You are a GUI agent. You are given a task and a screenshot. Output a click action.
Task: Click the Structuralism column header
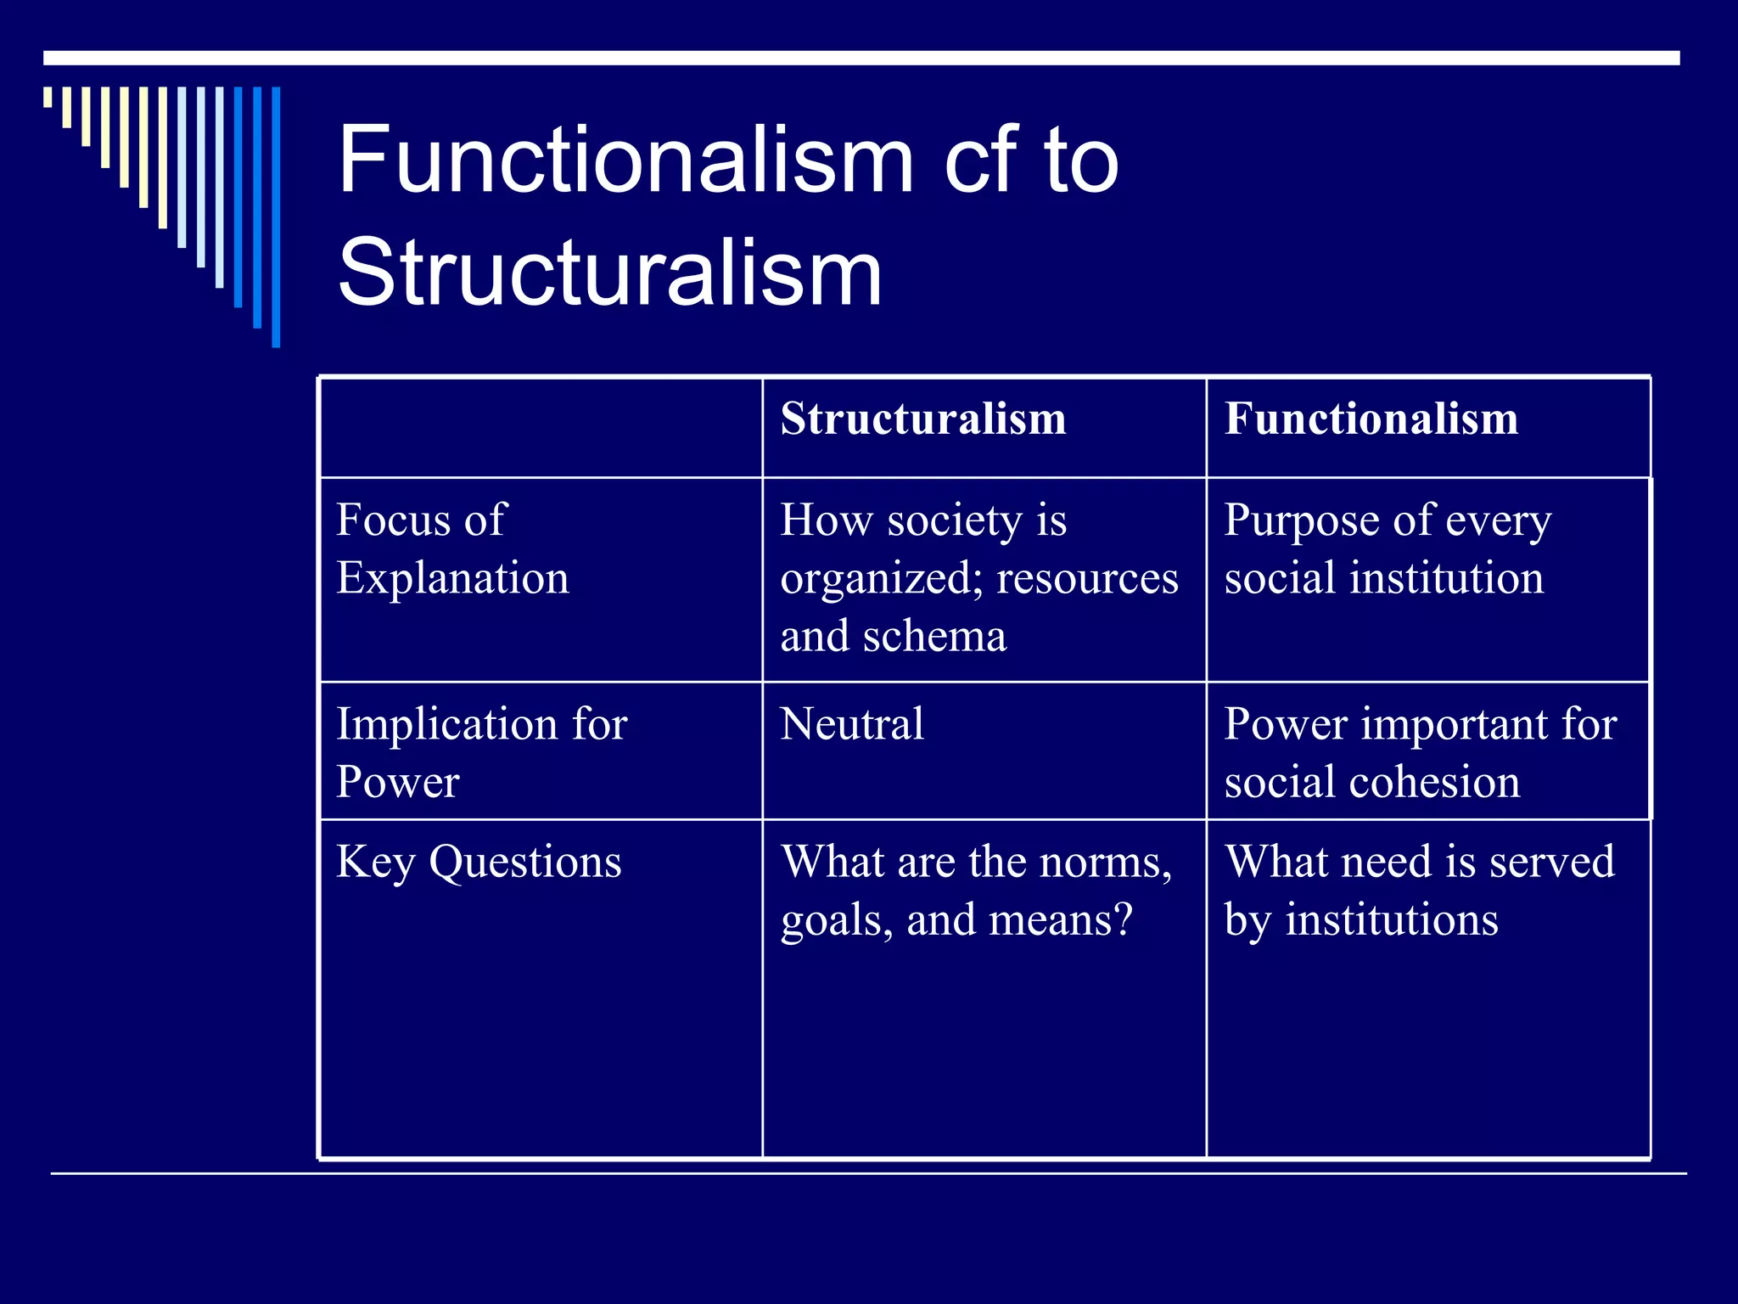pyautogui.click(x=922, y=419)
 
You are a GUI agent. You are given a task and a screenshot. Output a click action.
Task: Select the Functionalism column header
pyautogui.click(x=1371, y=419)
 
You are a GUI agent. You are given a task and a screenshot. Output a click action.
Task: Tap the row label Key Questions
pyautogui.click(x=479, y=862)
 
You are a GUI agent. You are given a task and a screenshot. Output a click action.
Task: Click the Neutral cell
pyautogui.click(x=851, y=724)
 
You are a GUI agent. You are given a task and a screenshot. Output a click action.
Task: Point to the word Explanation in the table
pyautogui.click(x=452, y=578)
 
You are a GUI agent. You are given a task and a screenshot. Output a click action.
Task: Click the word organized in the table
pyautogui.click(x=879, y=578)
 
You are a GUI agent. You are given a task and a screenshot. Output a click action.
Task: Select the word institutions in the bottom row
pyautogui.click(x=1391, y=919)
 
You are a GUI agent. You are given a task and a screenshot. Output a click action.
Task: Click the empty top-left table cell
pyautogui.click(x=541, y=427)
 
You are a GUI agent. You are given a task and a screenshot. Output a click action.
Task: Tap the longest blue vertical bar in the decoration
pyautogui.click(x=276, y=216)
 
